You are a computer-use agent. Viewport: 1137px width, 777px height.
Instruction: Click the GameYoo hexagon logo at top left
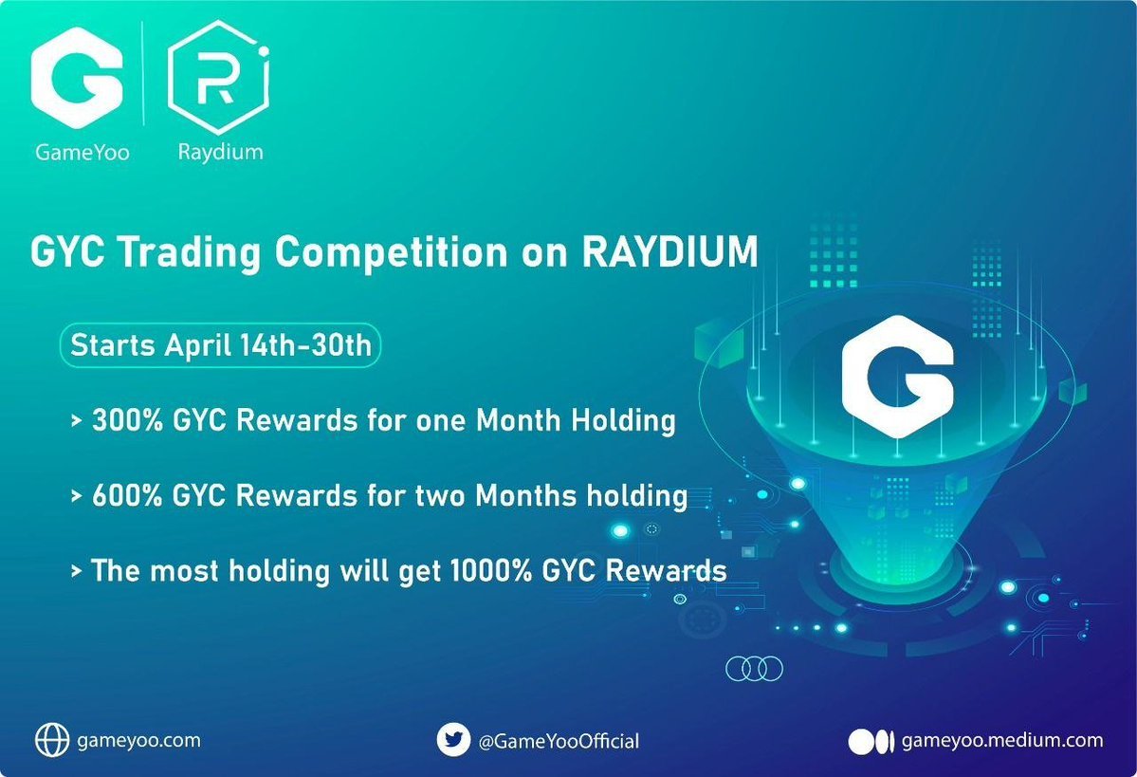77,83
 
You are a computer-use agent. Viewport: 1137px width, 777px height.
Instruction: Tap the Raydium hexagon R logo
218,83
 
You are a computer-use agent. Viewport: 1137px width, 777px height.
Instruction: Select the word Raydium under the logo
220,153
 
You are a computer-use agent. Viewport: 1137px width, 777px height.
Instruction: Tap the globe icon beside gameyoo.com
51,738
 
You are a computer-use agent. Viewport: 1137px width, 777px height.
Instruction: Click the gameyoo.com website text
138,739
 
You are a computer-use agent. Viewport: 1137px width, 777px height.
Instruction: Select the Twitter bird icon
453,739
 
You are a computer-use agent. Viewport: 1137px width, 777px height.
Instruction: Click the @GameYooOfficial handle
558,740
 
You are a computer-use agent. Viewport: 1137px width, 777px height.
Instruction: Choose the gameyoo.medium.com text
1001,739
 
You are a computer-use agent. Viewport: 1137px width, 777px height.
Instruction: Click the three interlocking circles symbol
754,668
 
